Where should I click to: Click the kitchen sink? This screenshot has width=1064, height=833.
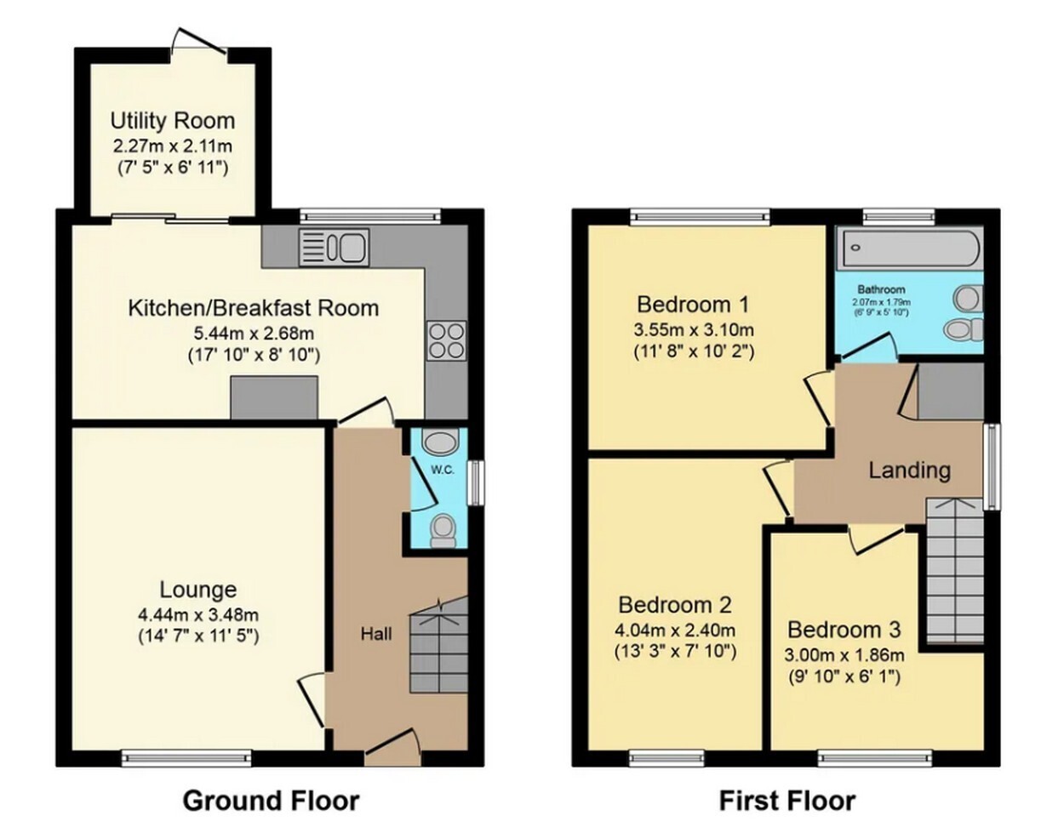pyautogui.click(x=334, y=247)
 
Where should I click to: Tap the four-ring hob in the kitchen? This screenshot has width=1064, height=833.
pyautogui.click(x=447, y=340)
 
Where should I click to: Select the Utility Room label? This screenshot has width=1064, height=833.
pyautogui.click(x=172, y=121)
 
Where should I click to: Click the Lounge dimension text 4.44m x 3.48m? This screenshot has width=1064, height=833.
pyautogui.click(x=198, y=613)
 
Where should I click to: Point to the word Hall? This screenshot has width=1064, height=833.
pyautogui.click(x=376, y=634)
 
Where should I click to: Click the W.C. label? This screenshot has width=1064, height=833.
pyautogui.click(x=443, y=471)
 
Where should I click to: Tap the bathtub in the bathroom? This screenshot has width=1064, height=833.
pyautogui.click(x=909, y=248)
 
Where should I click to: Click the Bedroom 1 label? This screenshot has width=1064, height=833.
pyautogui.click(x=693, y=305)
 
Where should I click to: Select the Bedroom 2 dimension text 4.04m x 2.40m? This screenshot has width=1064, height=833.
pyautogui.click(x=675, y=630)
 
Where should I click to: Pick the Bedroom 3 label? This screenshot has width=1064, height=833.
pyautogui.click(x=844, y=630)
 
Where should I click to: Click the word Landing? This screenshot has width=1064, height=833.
pyautogui.click(x=910, y=471)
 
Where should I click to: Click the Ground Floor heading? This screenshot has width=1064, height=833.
pyautogui.click(x=272, y=802)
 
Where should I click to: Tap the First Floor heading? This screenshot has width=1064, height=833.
pyautogui.click(x=787, y=802)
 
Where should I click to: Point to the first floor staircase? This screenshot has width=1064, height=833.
pyautogui.click(x=954, y=571)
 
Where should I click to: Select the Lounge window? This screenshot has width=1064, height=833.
pyautogui.click(x=186, y=758)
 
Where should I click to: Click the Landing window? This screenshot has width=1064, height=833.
pyautogui.click(x=992, y=466)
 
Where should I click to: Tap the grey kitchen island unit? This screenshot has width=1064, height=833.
pyautogui.click(x=274, y=397)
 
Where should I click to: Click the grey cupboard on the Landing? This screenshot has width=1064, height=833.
pyautogui.click(x=951, y=391)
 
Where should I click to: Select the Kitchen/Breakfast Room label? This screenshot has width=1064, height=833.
pyautogui.click(x=253, y=308)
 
